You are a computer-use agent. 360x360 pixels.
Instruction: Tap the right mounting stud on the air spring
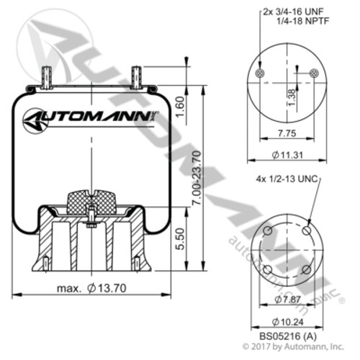pyautogui.click(x=135, y=75)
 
